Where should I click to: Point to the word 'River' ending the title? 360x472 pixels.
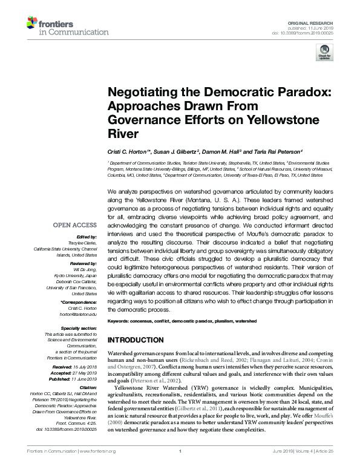[123, 134]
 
